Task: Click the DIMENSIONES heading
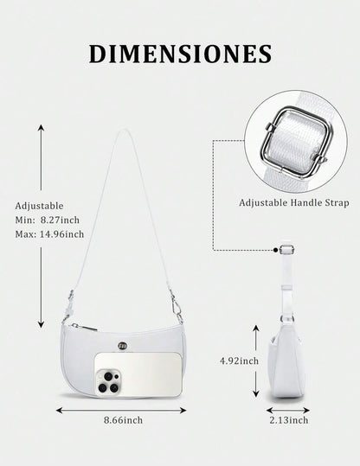(x=180, y=54)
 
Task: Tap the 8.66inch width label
(x=123, y=420)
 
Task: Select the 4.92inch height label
(x=239, y=361)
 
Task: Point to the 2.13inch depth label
(x=288, y=420)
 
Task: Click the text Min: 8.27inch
(x=48, y=220)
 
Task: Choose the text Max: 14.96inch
(x=49, y=234)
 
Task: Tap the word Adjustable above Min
(x=39, y=206)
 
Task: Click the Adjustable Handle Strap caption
(x=294, y=202)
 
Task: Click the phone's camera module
(x=107, y=381)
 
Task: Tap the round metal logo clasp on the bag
(x=122, y=345)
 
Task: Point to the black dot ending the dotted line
(x=276, y=250)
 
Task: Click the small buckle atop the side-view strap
(x=286, y=249)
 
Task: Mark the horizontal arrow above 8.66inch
(x=121, y=411)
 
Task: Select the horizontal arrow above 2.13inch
(x=288, y=411)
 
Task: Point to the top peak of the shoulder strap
(x=123, y=131)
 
